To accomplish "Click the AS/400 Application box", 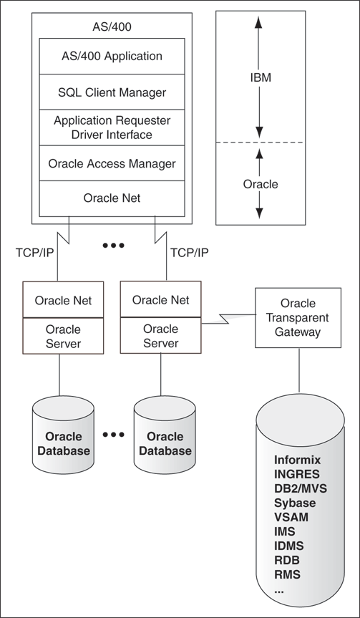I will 112,56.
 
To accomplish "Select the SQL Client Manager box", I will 112,92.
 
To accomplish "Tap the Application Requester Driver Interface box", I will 112,127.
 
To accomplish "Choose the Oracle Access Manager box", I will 112,163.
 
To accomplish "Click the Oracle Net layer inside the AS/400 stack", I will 112,198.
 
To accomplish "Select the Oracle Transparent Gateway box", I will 298,318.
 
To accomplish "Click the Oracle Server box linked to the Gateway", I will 160,336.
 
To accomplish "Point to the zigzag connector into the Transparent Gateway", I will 228,317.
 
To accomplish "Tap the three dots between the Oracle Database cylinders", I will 113,435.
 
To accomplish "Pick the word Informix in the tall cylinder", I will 297,460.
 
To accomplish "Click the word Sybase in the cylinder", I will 295,503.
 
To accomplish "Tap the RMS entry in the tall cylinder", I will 288,574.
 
